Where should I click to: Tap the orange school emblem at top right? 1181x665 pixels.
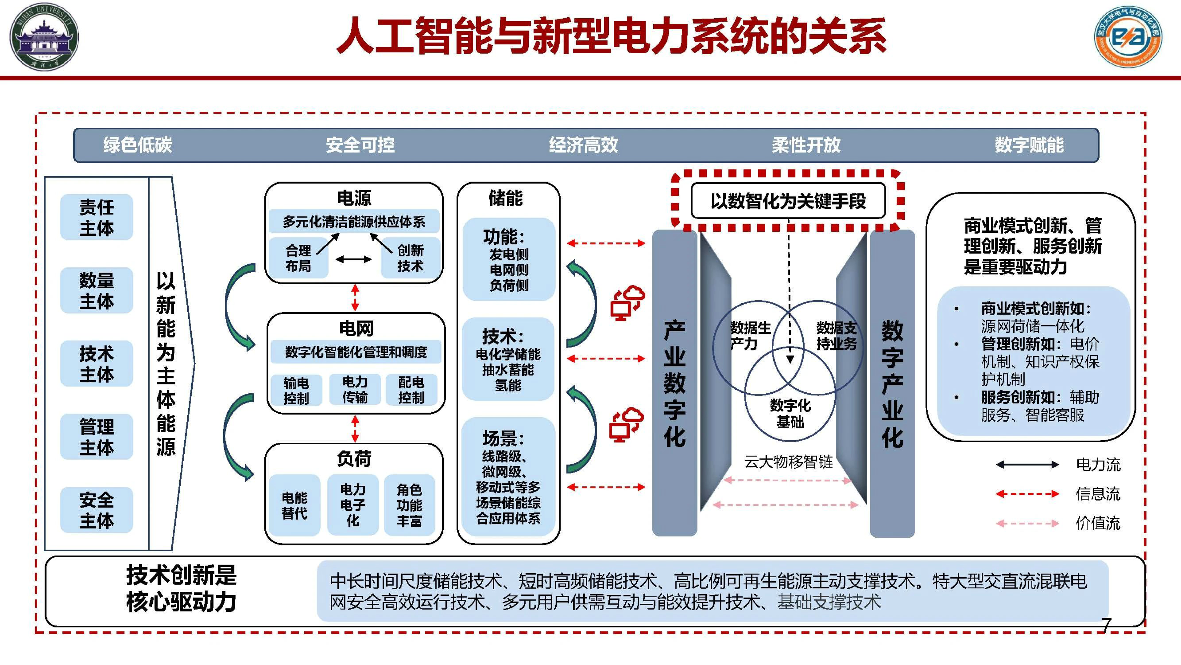tap(1128, 37)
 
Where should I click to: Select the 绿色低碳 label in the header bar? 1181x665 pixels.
tap(137, 145)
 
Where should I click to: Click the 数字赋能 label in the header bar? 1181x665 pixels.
tap(1029, 145)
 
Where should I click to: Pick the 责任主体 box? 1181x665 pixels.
tap(96, 217)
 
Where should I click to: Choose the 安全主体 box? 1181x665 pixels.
tap(96, 510)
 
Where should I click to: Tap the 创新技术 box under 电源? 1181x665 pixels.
tap(410, 258)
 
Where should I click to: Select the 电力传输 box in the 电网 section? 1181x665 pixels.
tap(355, 390)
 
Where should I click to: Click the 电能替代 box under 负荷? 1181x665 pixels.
tap(294, 505)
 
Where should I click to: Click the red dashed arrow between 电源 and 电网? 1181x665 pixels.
tap(355, 297)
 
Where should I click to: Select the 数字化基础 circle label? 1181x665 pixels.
tap(790, 413)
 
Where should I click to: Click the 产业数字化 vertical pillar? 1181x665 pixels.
tap(675, 383)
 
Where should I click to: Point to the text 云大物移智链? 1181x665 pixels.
tap(788, 462)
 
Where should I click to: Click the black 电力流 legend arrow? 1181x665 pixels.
tap(1027, 465)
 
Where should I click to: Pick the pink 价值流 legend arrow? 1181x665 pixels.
tap(1027, 523)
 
